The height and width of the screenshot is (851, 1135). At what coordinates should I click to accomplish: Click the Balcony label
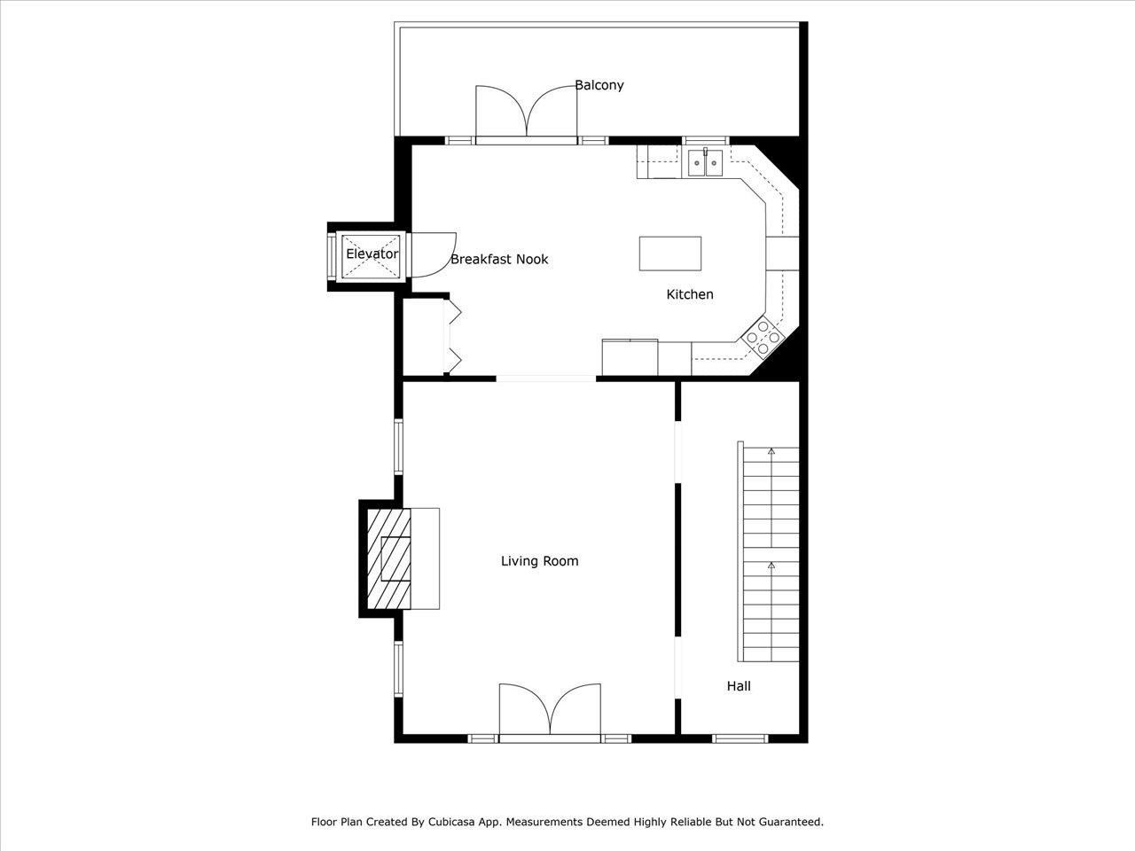coord(599,85)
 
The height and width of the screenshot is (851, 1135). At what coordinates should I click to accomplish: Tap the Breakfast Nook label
coord(499,260)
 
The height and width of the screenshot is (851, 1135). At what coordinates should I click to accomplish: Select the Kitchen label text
coord(689,294)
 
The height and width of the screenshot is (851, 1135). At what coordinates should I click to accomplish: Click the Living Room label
coord(539,561)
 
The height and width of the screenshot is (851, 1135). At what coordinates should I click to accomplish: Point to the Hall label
coord(739,686)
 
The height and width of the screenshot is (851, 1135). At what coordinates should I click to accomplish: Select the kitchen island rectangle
coord(670,254)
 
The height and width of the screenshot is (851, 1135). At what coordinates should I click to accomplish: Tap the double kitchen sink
coord(706,163)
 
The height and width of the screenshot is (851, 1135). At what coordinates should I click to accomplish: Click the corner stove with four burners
coord(763,337)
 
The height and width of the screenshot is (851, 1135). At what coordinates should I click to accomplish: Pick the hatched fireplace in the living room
coord(390,558)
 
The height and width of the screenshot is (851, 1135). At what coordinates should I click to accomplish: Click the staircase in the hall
coord(770,554)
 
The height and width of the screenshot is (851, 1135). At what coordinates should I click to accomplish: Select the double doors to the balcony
coord(527,113)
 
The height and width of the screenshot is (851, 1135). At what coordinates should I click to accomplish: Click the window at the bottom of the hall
coord(740,738)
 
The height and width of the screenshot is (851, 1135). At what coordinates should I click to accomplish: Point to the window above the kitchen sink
coord(705,140)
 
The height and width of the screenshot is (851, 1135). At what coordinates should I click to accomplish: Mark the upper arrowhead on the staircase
coord(771,452)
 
